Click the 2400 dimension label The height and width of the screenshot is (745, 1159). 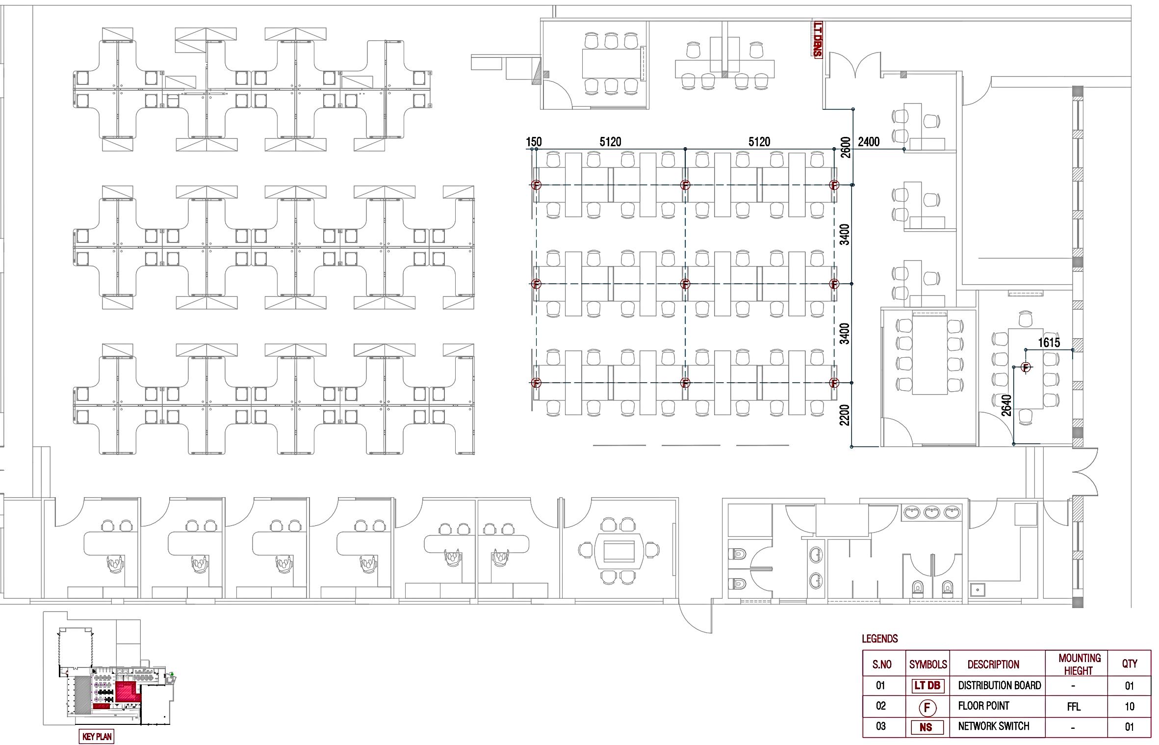869,142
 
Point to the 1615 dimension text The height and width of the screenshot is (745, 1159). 1049,343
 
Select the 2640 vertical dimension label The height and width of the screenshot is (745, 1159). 1006,405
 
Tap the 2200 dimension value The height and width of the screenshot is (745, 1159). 845,415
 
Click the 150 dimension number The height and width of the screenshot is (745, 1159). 534,142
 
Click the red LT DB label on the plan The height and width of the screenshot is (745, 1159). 818,39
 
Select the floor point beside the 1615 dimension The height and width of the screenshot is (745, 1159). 1026,367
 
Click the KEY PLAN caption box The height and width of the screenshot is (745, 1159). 96,737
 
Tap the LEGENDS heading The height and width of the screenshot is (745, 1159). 880,639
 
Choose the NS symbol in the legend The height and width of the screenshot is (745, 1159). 927,727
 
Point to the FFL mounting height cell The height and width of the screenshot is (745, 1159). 1073,707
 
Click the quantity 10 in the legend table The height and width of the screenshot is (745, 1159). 1130,707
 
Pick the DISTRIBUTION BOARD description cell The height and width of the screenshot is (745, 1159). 999,686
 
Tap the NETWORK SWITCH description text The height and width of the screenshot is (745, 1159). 993,726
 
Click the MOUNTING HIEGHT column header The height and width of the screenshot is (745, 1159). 1079,664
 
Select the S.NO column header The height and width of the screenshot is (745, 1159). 881,665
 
